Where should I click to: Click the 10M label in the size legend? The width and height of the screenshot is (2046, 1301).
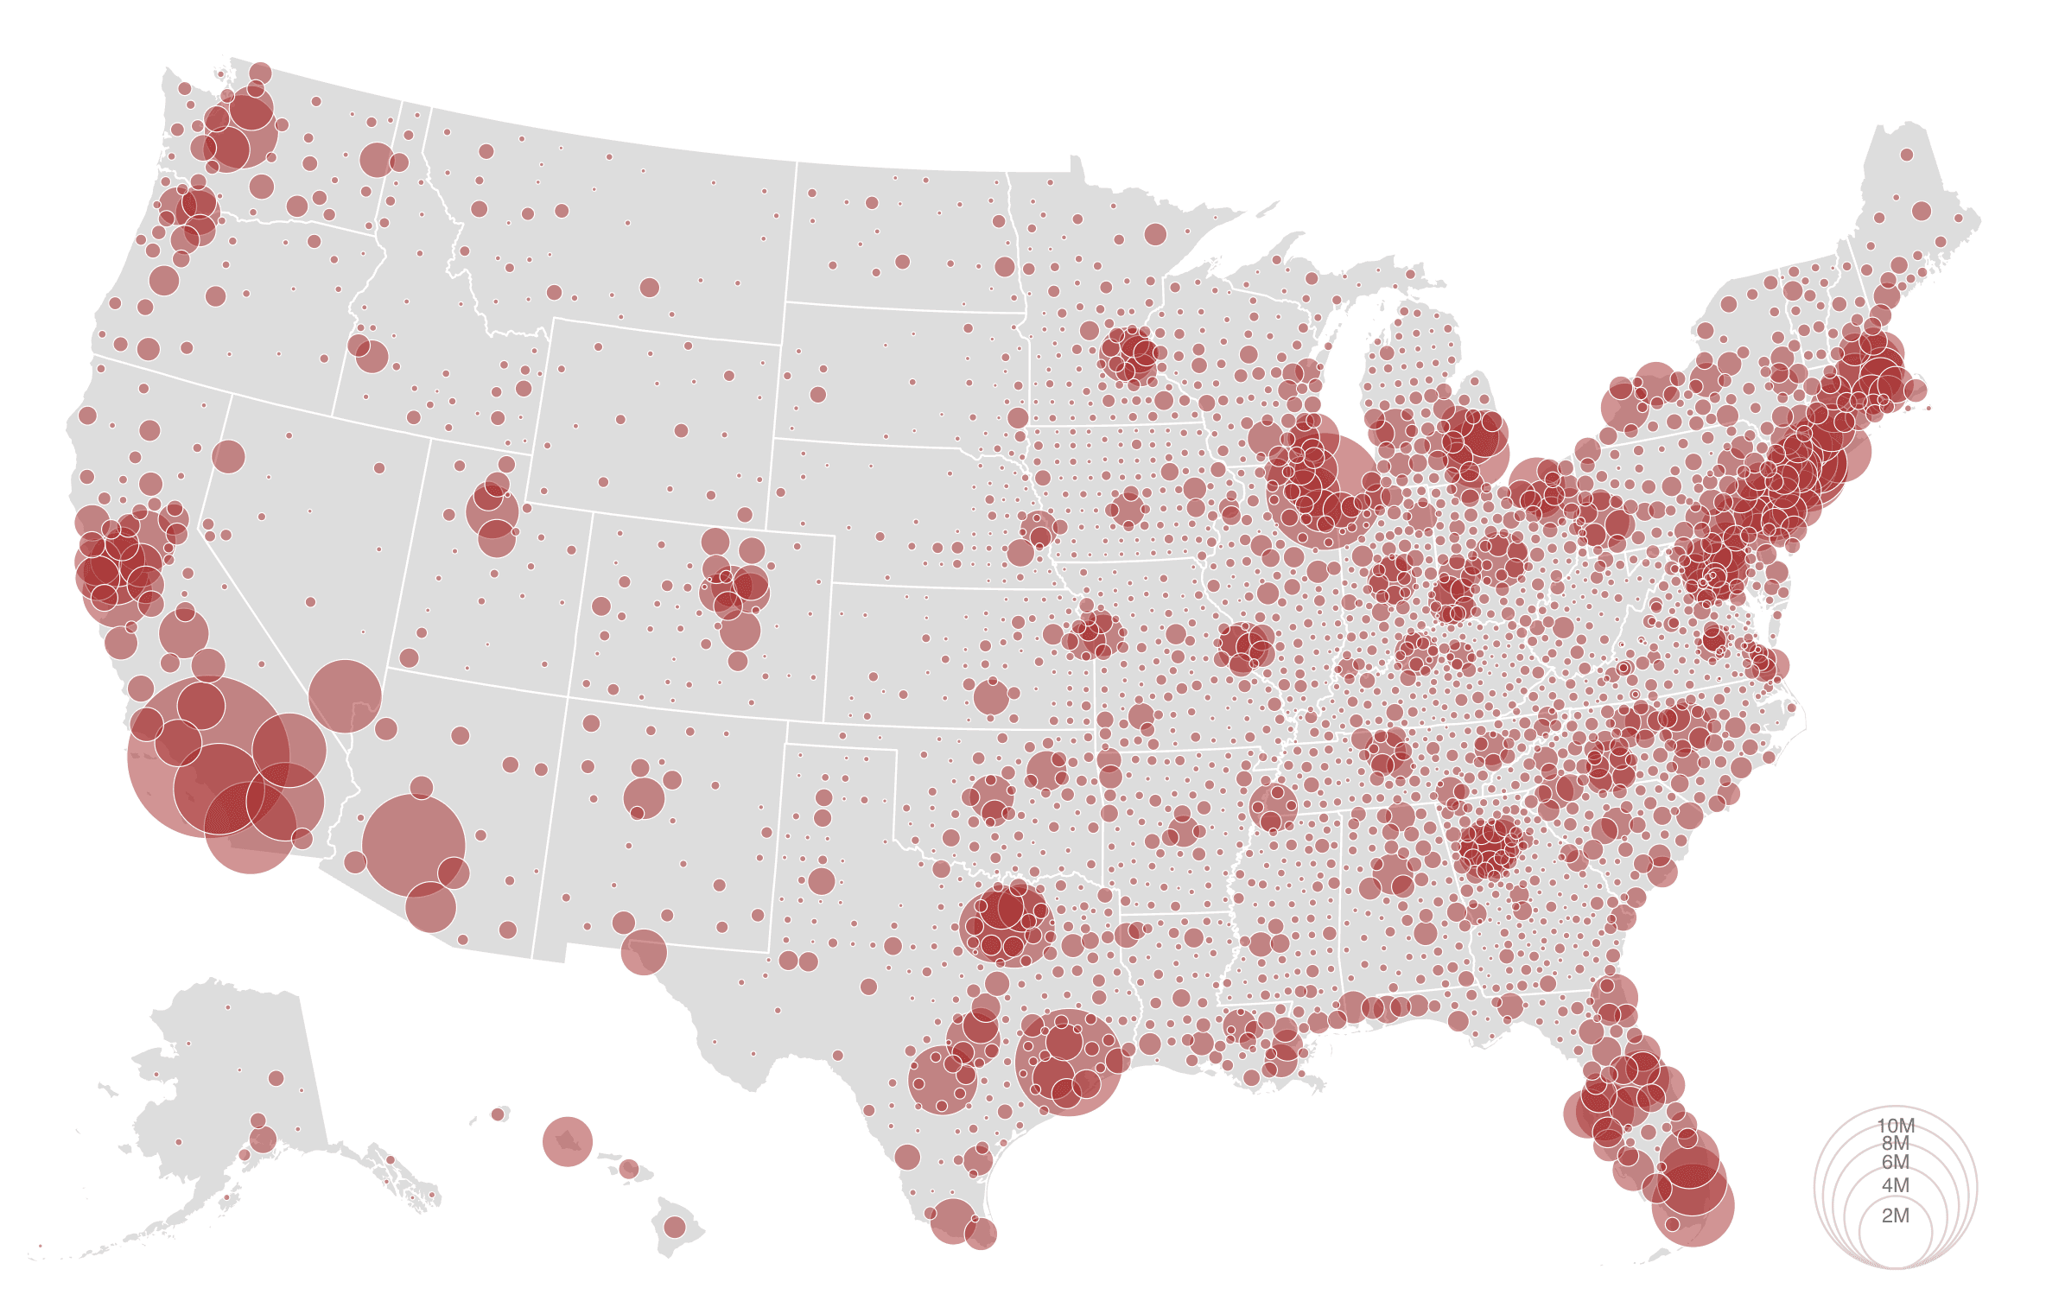point(1895,1126)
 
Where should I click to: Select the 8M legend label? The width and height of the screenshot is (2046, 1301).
point(1895,1143)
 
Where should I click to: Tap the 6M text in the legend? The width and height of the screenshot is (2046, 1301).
point(1895,1162)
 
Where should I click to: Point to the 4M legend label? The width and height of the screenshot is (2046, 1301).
point(1895,1185)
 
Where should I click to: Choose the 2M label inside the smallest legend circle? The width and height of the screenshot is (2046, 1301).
point(1895,1215)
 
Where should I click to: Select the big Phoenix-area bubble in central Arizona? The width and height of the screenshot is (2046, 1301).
point(414,846)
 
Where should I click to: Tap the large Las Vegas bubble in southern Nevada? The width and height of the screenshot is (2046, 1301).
point(345,696)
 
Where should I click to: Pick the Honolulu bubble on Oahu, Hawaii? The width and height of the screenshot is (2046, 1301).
point(567,1141)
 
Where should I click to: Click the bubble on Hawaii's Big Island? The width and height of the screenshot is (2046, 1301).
point(675,1227)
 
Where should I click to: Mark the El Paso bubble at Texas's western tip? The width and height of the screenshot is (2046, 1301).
point(644,952)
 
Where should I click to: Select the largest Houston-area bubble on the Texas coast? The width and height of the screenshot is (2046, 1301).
point(1069,1062)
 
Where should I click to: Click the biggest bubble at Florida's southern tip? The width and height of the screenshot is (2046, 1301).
point(1693,1205)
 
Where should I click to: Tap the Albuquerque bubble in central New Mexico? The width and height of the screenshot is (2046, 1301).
point(644,797)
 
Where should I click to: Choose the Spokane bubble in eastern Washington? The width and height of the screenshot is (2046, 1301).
point(376,160)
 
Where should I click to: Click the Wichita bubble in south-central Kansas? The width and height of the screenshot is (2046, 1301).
point(991,697)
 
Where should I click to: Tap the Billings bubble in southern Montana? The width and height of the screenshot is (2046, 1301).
point(650,288)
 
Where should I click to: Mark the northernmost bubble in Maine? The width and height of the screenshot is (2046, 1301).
point(1906,155)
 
